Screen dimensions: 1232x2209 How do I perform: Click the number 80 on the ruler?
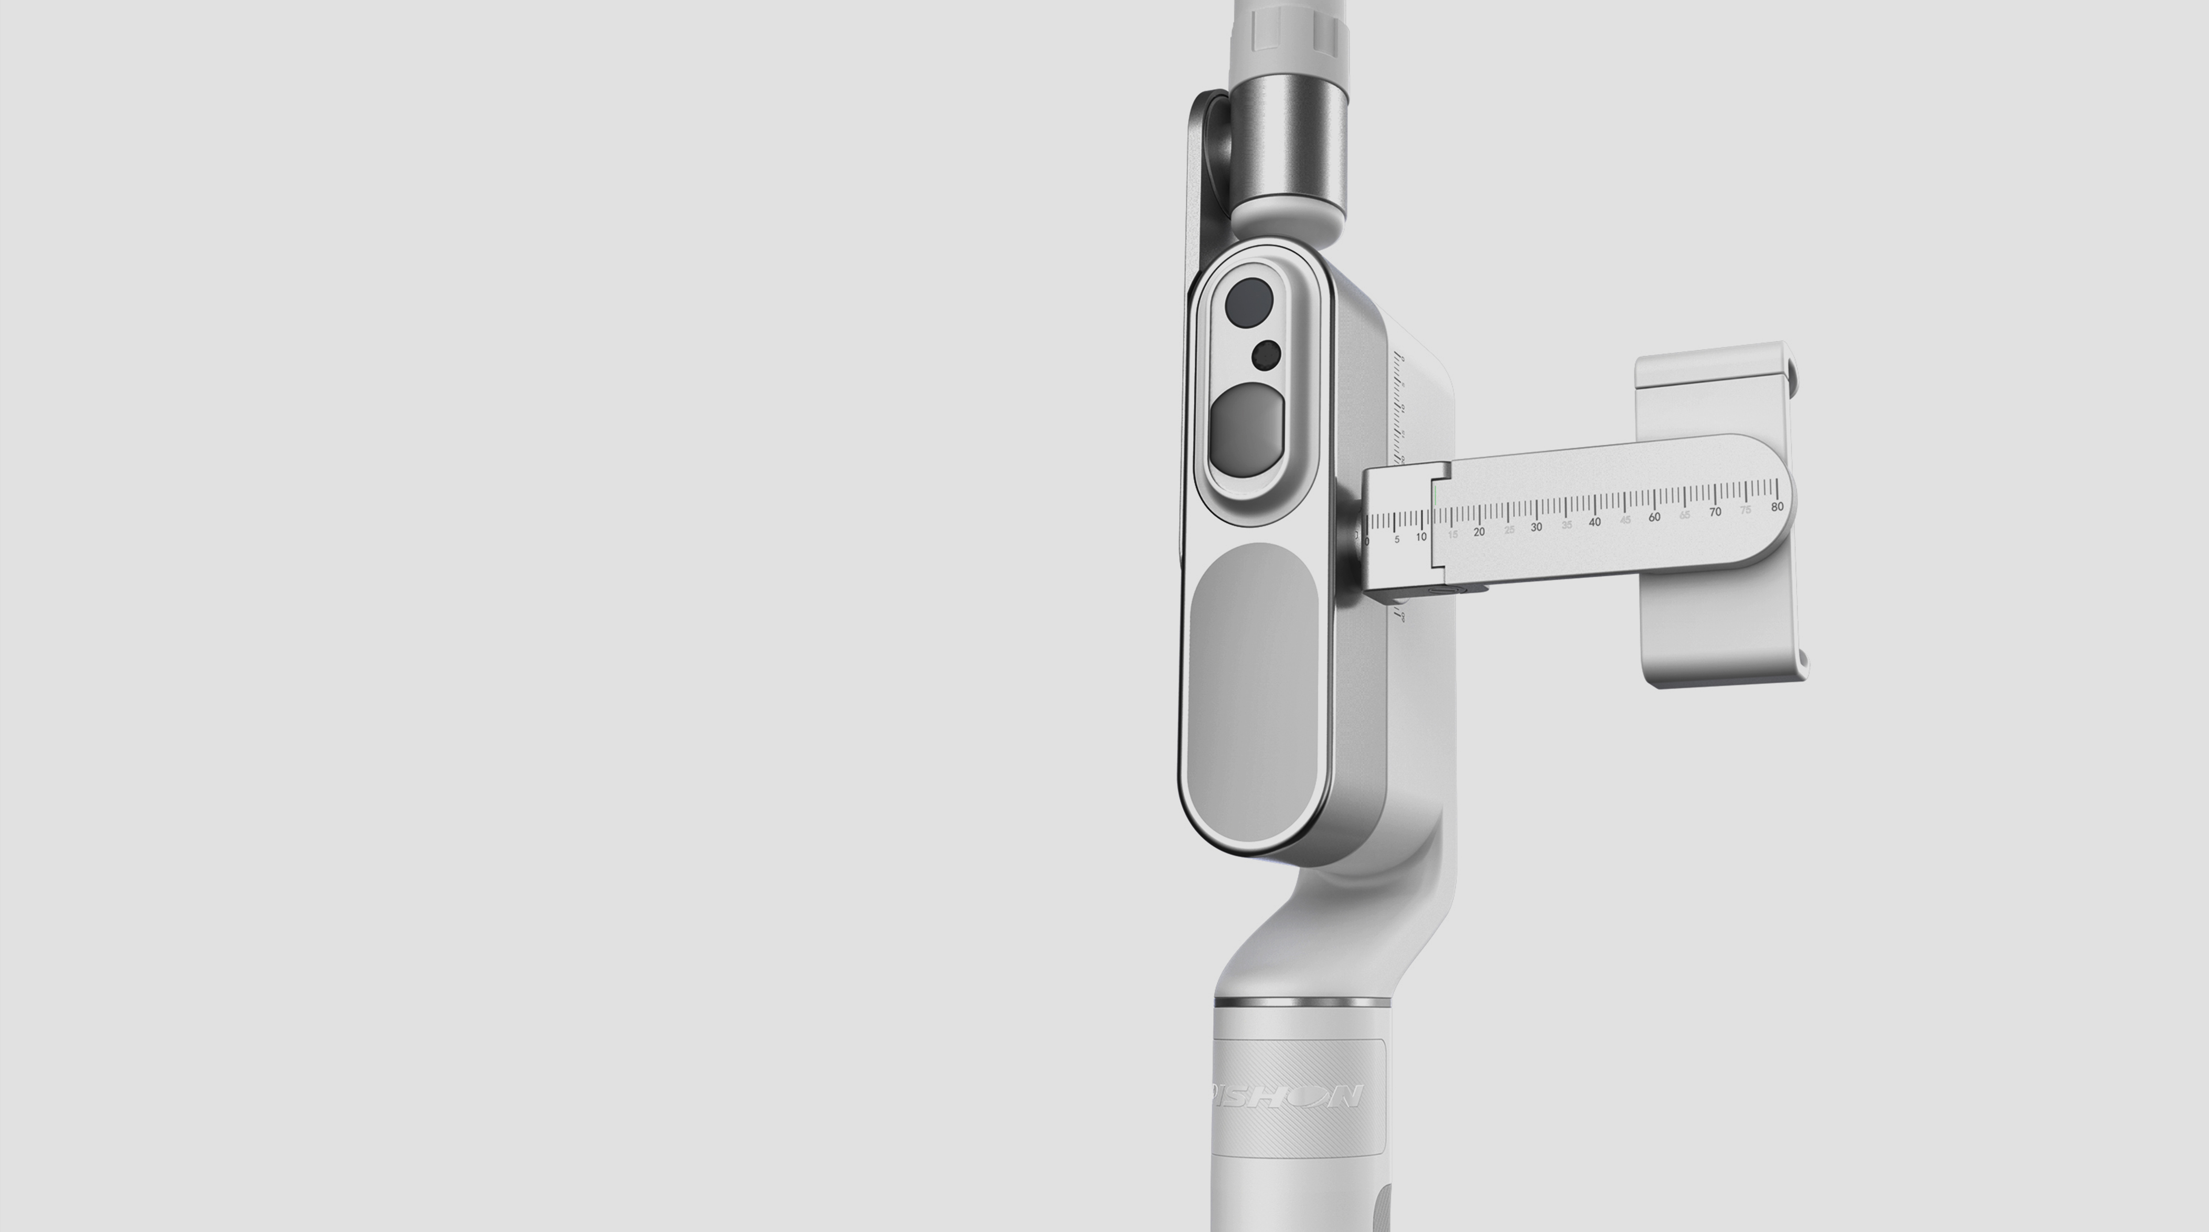[1777, 507]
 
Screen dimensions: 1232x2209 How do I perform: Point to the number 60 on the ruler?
[1654, 517]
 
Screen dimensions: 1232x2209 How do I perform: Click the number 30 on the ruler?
[1536, 527]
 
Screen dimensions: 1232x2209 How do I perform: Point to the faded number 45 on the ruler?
[1625, 519]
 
